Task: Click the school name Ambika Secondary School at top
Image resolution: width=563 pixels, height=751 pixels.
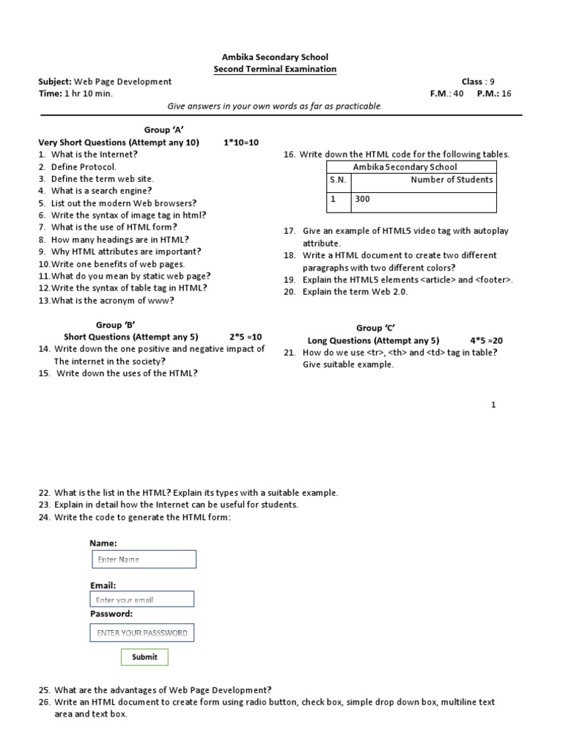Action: coord(275,56)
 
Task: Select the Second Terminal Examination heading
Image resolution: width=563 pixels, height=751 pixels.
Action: coord(275,69)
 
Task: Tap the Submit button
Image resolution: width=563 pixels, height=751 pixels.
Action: coord(144,657)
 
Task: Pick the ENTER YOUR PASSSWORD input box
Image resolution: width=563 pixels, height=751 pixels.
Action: coord(142,633)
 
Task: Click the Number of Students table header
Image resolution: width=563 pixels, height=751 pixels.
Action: coord(452,180)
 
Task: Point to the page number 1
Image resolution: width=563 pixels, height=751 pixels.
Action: coord(493,405)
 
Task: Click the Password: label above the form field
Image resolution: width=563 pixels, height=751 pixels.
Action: coord(111,613)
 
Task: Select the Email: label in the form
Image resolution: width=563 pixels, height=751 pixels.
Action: coord(103,586)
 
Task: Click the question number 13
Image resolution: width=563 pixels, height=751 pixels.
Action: coord(43,301)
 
